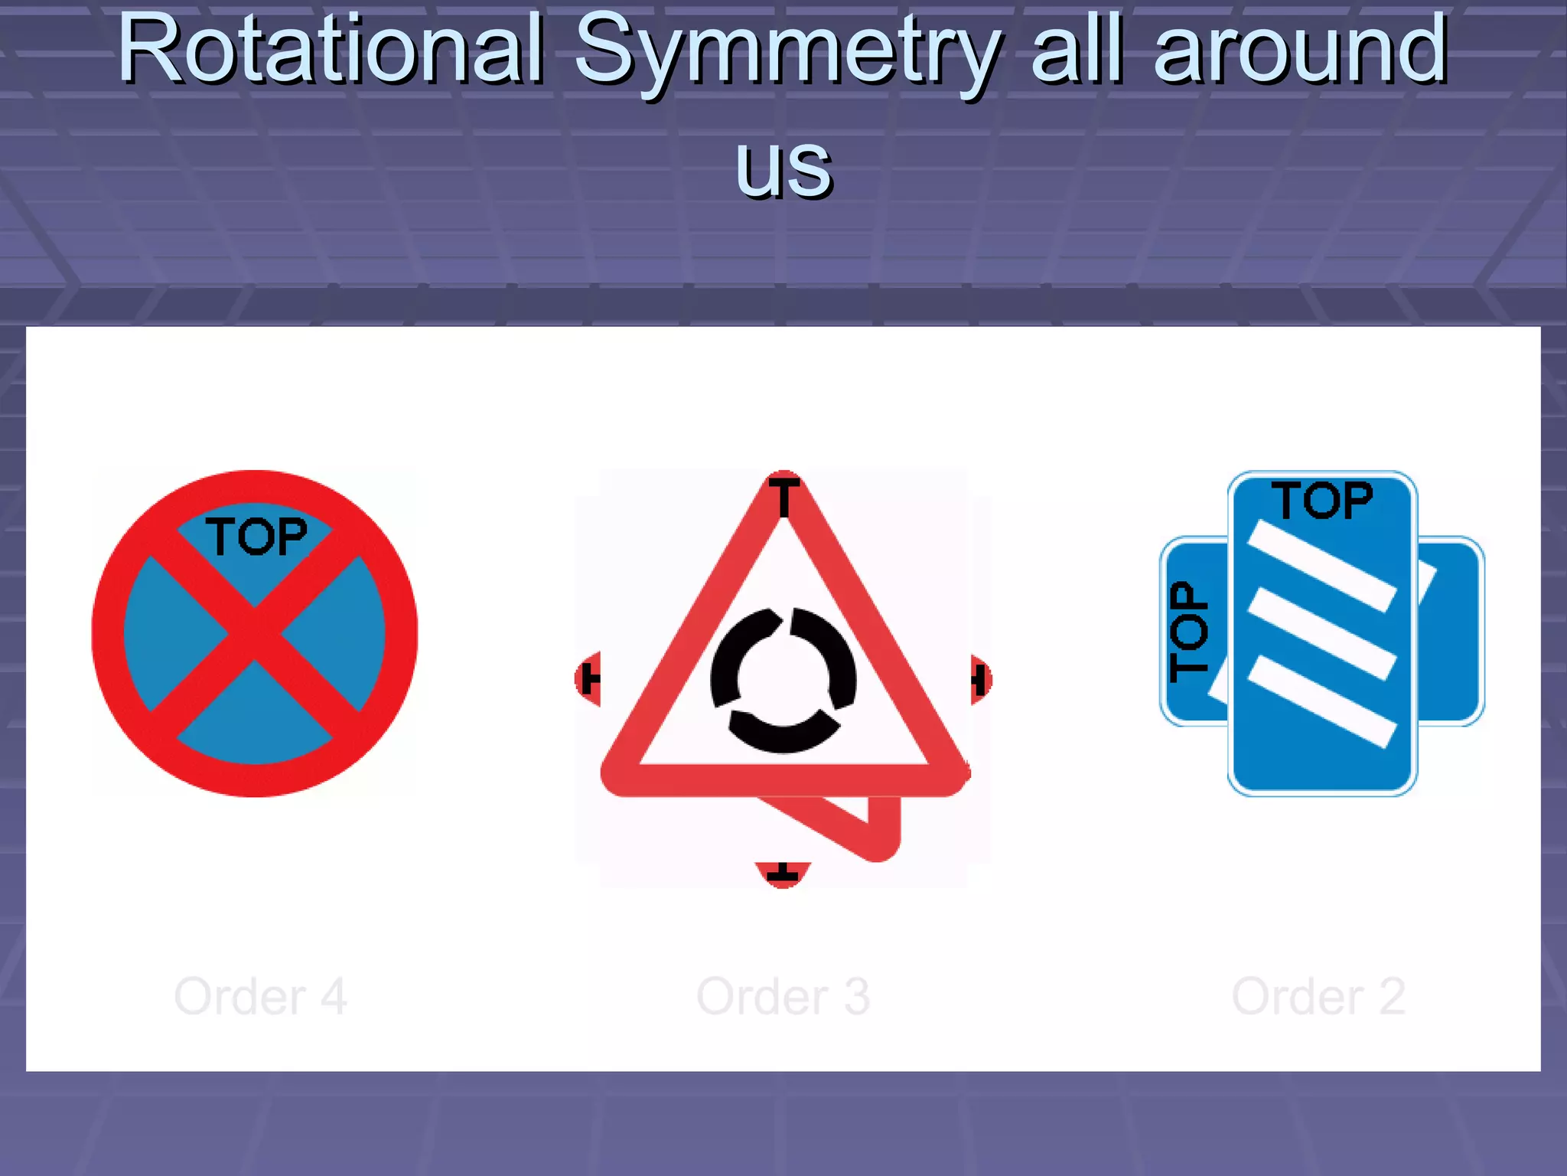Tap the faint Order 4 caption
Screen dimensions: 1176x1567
(x=260, y=997)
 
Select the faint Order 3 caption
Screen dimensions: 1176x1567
(x=783, y=997)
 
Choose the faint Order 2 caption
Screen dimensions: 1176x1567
(x=1318, y=997)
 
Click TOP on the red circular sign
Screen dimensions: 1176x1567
(x=256, y=536)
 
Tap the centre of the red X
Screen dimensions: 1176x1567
(x=255, y=634)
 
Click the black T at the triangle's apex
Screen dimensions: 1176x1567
(x=783, y=496)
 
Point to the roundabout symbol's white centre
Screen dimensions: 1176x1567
(x=783, y=679)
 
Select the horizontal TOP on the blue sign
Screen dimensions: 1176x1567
(x=1322, y=501)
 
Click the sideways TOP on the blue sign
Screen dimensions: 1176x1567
(x=1189, y=632)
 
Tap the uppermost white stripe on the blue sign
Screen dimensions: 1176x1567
(x=1321, y=566)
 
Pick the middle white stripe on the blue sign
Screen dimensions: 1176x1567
(x=1321, y=634)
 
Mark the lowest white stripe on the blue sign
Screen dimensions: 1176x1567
(x=1321, y=701)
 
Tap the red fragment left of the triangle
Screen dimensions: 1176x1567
(x=588, y=678)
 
